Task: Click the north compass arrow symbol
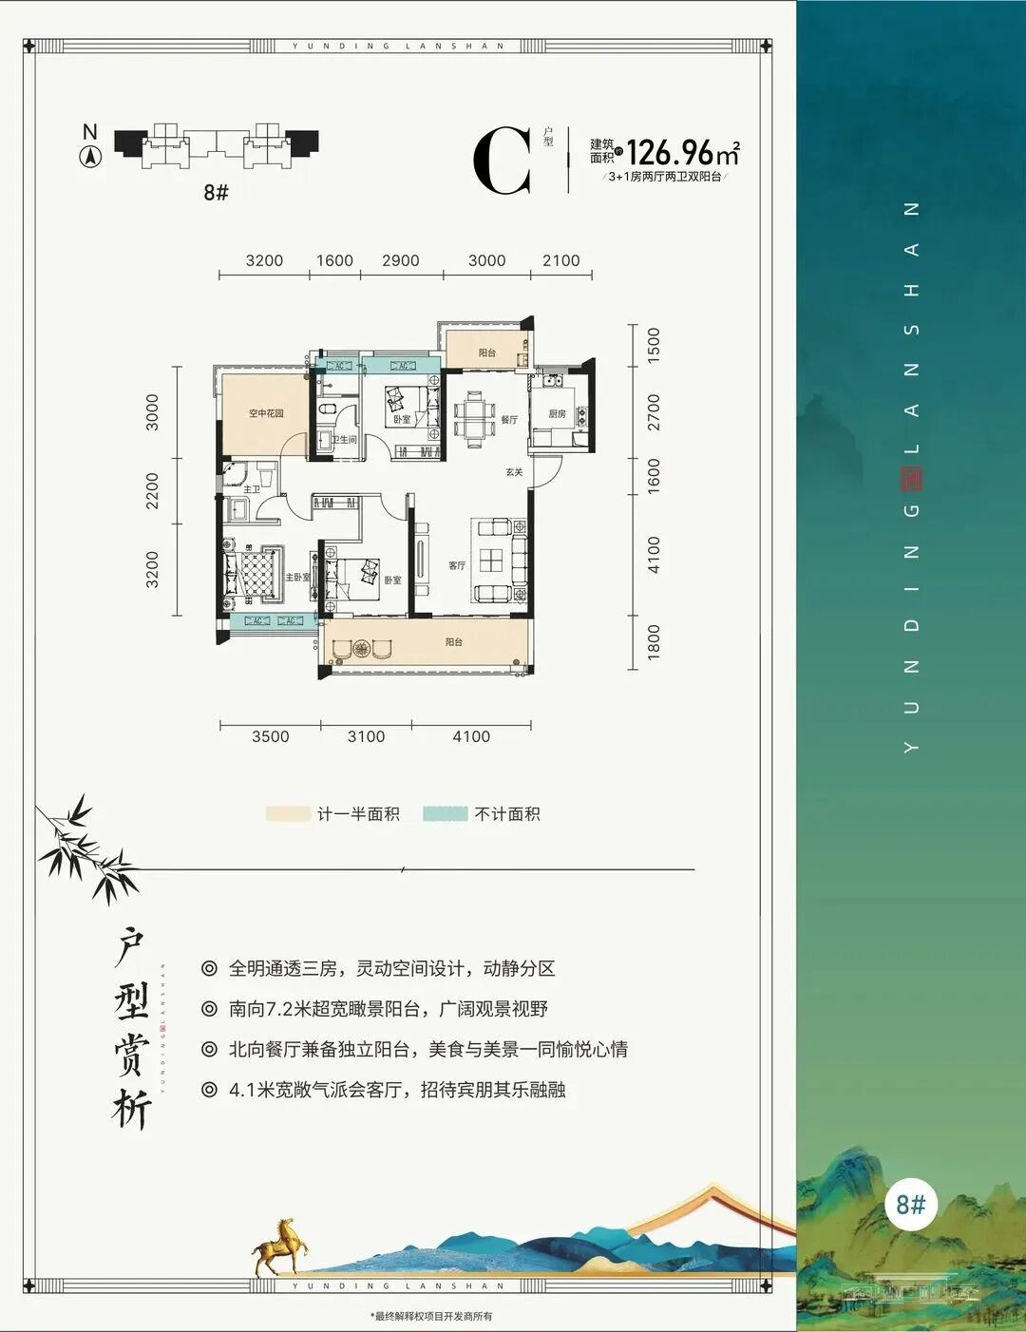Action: point(90,158)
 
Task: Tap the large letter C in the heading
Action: point(503,162)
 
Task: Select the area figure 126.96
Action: point(670,152)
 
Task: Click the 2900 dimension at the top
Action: point(400,260)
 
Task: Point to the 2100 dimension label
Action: point(560,260)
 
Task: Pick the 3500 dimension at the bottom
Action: point(270,736)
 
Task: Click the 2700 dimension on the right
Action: point(654,412)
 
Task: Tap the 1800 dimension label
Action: point(654,642)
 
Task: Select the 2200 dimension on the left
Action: point(153,491)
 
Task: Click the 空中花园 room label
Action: point(266,413)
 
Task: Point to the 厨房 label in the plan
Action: point(557,414)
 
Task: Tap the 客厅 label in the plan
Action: point(457,565)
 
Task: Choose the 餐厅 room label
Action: point(509,419)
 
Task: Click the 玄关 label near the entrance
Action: point(514,472)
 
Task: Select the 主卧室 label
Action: point(297,577)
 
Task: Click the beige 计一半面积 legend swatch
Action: point(288,814)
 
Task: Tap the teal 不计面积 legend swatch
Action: point(445,814)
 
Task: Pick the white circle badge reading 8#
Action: point(910,1205)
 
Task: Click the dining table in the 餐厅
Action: point(472,418)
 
